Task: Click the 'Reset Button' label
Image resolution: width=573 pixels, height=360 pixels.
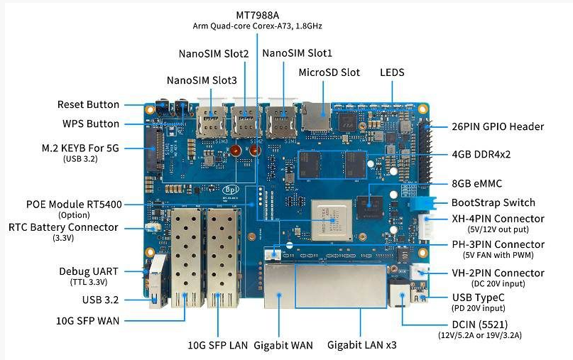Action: [88, 105]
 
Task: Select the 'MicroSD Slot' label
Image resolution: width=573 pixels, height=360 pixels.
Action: [329, 72]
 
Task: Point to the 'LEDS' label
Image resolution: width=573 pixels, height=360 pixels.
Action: [393, 72]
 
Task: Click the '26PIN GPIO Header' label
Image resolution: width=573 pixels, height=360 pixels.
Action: [497, 126]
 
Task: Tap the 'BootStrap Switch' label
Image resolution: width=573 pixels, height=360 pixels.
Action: [493, 202]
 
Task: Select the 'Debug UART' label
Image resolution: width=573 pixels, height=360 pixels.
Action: [89, 271]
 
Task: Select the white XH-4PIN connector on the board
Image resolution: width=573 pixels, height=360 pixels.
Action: [426, 227]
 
